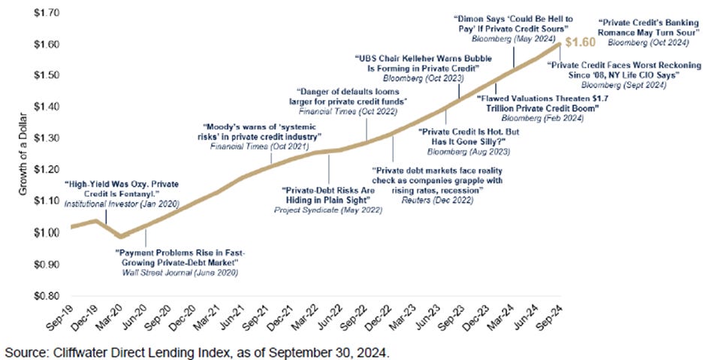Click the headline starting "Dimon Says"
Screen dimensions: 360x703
pyautogui.click(x=514, y=17)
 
